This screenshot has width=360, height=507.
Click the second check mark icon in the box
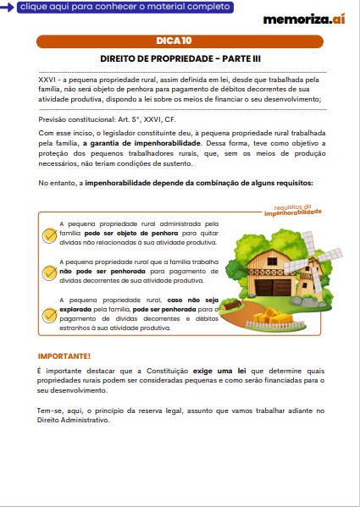pyautogui.click(x=50, y=273)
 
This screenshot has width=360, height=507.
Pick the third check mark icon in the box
pyautogui.click(x=50, y=315)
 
